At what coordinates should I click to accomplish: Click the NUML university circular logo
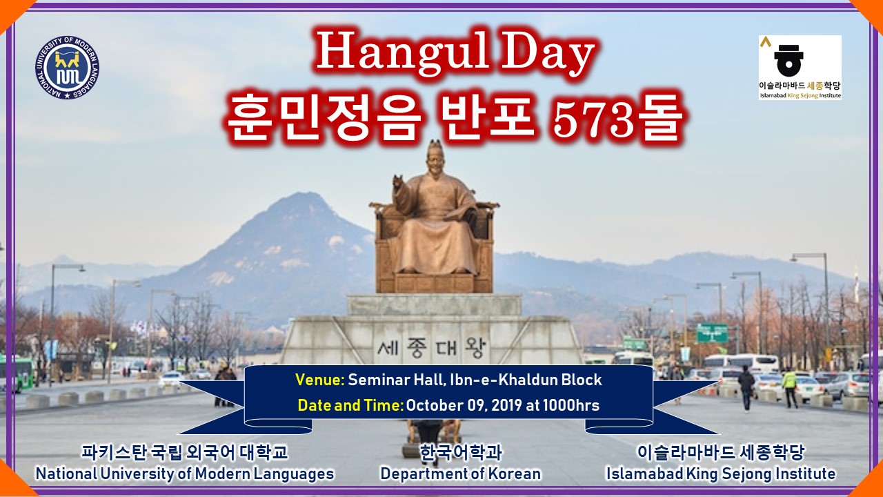pyautogui.click(x=67, y=68)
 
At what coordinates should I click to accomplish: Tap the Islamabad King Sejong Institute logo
pyautogui.click(x=800, y=68)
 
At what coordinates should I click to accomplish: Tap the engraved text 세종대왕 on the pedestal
pyautogui.click(x=433, y=347)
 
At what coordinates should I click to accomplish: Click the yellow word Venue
pyautogui.click(x=319, y=380)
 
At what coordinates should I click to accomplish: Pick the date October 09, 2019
pyautogui.click(x=464, y=405)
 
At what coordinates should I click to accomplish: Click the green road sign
pyautogui.click(x=712, y=333)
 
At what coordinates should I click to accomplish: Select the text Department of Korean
pyautogui.click(x=460, y=474)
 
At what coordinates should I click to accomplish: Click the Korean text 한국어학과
pyautogui.click(x=460, y=452)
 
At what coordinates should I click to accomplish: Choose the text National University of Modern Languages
pyautogui.click(x=184, y=474)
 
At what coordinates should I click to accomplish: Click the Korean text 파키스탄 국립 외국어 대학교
pyautogui.click(x=184, y=452)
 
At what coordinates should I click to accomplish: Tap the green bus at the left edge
pyautogui.click(x=17, y=373)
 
